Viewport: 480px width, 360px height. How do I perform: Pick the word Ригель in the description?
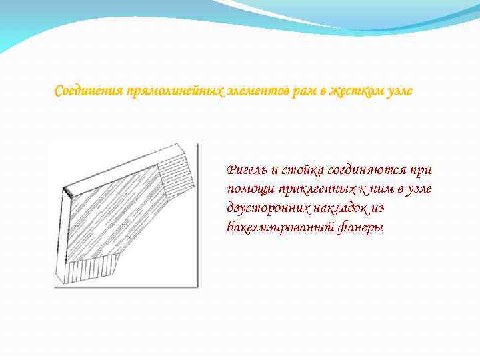point(245,171)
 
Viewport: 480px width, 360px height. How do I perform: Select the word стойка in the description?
point(298,171)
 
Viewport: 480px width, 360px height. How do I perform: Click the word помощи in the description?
point(248,190)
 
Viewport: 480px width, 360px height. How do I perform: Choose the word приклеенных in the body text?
point(309,190)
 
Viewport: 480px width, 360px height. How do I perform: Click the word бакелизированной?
point(279,228)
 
